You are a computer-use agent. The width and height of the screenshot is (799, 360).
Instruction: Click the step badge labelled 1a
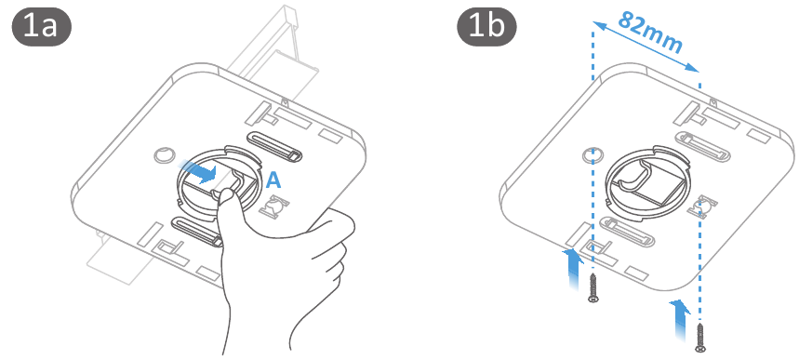coord(41,27)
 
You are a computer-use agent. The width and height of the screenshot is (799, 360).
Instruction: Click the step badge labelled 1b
coord(486,27)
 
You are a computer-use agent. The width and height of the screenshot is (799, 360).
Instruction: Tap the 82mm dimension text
coord(650,32)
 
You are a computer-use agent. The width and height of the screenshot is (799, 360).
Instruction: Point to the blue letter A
coord(273,180)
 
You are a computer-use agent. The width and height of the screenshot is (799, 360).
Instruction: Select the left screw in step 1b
coord(593,288)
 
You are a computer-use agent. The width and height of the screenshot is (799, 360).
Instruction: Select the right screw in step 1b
coord(700,337)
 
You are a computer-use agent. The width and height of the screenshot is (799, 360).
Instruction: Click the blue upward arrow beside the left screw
coord(574,269)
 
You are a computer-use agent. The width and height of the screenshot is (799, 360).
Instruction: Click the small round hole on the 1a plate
coord(164,154)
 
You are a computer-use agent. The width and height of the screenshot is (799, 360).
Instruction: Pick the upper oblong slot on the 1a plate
coord(274,145)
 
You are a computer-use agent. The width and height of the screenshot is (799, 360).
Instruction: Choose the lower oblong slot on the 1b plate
coord(627,231)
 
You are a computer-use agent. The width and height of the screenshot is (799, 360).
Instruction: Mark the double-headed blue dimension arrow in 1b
coord(646,46)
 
